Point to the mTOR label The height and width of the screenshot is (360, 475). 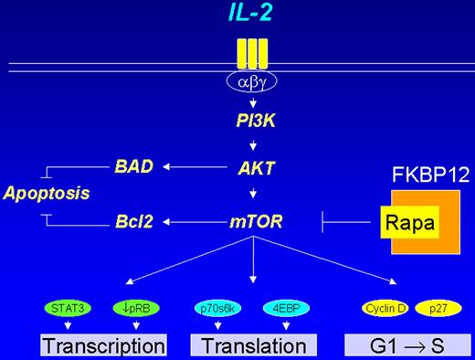pyautogui.click(x=248, y=220)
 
